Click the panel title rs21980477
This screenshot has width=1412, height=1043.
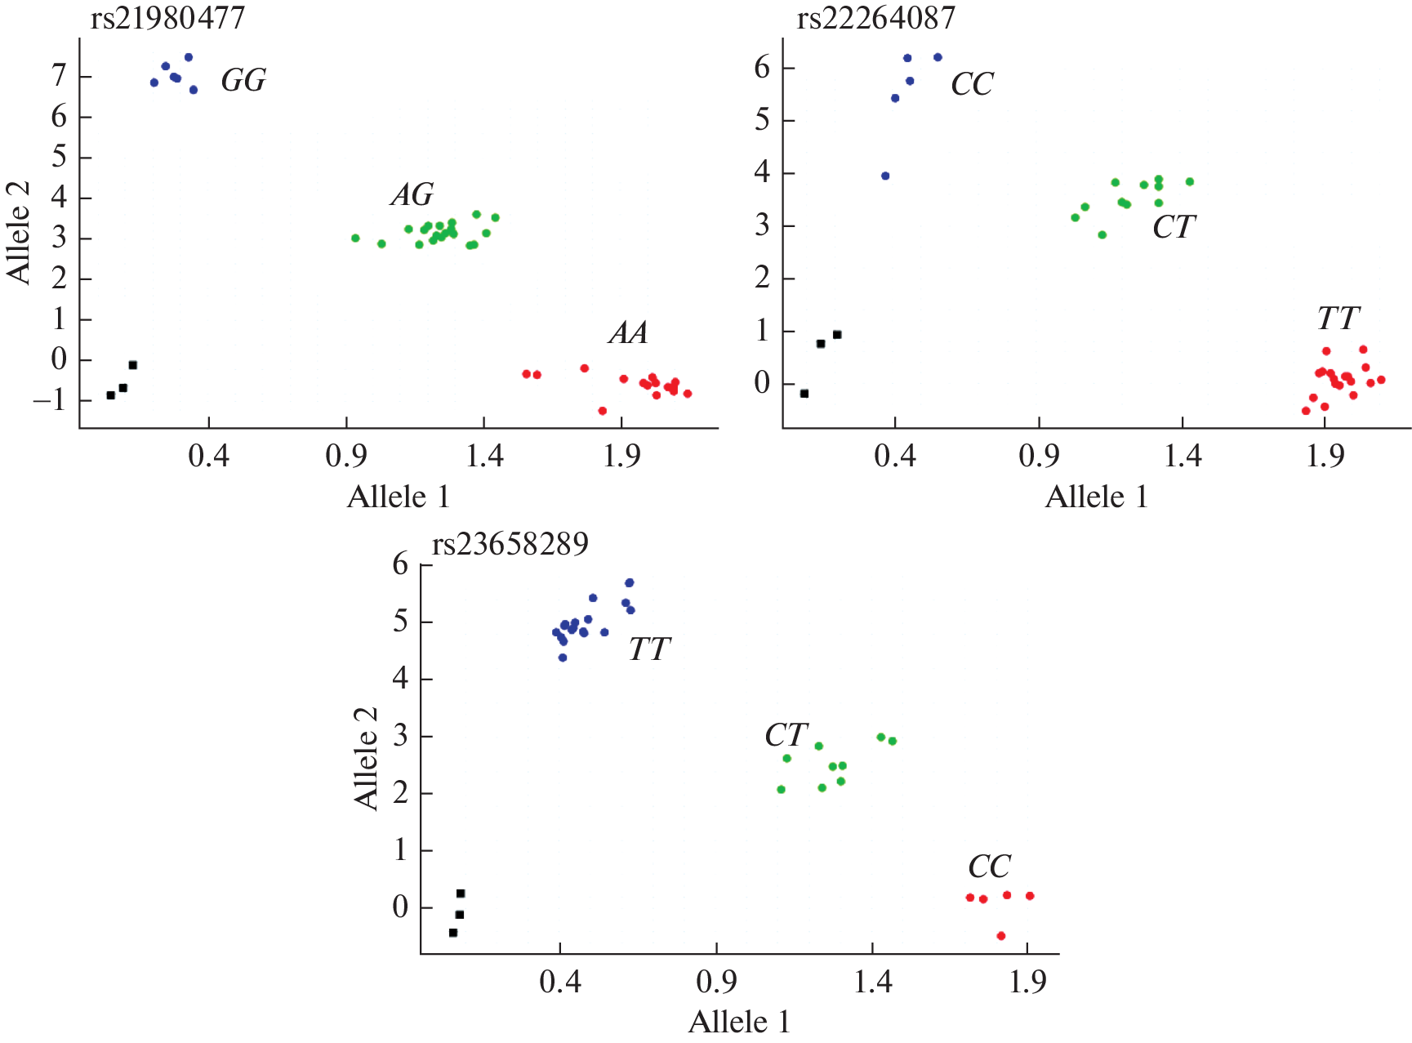point(167,18)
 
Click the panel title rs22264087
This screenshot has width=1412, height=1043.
point(875,18)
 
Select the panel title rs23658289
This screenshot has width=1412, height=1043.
point(510,544)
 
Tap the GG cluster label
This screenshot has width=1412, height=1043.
point(243,81)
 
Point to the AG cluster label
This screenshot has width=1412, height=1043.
point(412,195)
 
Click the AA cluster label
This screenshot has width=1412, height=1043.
point(628,333)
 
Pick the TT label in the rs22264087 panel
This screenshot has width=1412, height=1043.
point(1338,319)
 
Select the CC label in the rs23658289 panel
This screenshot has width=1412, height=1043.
point(989,867)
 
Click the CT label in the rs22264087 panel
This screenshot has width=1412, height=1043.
point(1174,227)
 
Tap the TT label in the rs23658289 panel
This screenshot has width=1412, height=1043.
point(649,649)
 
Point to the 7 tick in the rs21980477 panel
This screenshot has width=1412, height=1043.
point(59,77)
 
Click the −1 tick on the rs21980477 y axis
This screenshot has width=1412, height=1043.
point(51,400)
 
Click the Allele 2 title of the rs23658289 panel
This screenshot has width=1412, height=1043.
point(366,758)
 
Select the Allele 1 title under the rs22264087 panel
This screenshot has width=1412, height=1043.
point(1096,497)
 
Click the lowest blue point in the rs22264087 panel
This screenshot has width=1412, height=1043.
point(885,176)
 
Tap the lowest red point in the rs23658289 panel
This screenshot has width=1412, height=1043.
point(1001,936)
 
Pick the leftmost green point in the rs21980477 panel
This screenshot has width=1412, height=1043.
point(355,238)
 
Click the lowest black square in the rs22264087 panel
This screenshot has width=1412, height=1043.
point(804,394)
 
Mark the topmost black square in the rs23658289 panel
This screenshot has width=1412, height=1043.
point(461,894)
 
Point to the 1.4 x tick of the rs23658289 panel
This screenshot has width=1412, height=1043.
point(872,982)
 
